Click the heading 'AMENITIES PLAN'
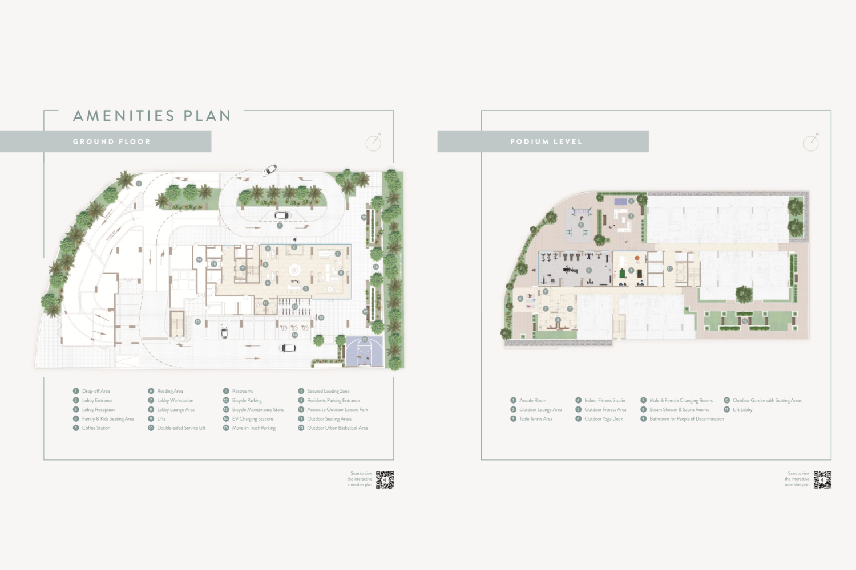point(152,116)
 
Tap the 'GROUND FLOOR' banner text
point(112,141)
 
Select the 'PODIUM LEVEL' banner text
point(546,141)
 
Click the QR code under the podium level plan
point(822,480)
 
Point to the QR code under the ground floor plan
point(385,480)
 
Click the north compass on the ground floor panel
point(373,142)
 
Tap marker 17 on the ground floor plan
point(139,184)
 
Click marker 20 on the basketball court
point(365,340)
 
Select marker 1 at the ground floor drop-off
point(280,226)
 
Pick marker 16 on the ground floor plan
point(199,259)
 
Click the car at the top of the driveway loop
point(270,169)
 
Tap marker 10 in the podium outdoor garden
point(744,321)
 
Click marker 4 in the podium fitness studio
point(589,270)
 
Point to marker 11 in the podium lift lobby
point(670,268)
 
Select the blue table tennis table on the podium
point(620,201)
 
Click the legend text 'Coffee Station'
point(96,428)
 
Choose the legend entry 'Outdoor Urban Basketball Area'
point(337,428)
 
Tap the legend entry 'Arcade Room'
point(532,401)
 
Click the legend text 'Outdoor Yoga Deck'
point(603,419)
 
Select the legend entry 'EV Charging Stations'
point(253,419)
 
